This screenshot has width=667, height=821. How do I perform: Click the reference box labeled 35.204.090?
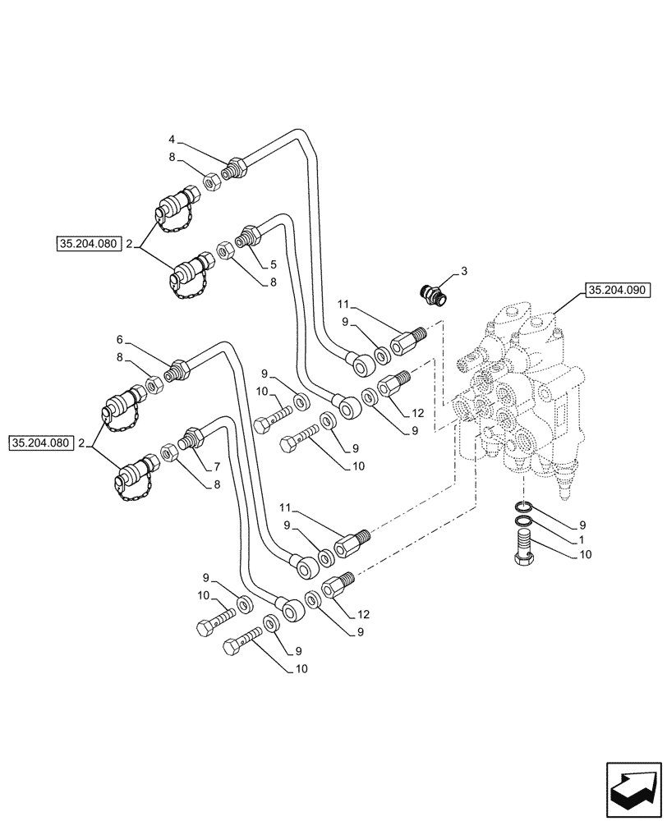617,289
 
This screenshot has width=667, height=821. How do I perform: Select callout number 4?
172,139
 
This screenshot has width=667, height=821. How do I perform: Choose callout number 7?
217,466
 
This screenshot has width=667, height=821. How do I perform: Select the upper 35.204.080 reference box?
89,244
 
